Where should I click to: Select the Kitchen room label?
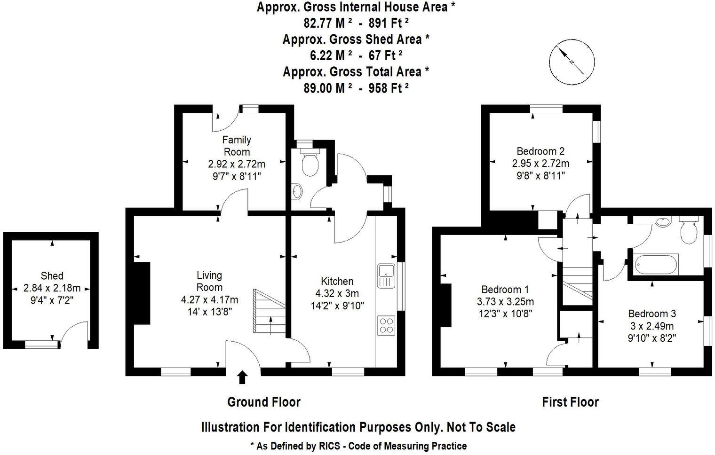click(x=337, y=281)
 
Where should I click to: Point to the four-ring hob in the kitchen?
click(x=386, y=325)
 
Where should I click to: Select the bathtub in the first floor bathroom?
click(x=656, y=264)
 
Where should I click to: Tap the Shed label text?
click(x=52, y=276)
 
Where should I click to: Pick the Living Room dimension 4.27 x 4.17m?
click(x=209, y=299)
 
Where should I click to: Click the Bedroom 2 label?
click(x=540, y=151)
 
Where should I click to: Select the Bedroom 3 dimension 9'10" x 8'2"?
click(x=652, y=338)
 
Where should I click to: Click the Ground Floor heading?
click(x=263, y=402)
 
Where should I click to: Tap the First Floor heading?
click(x=570, y=402)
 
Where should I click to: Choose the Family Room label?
click(x=237, y=146)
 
